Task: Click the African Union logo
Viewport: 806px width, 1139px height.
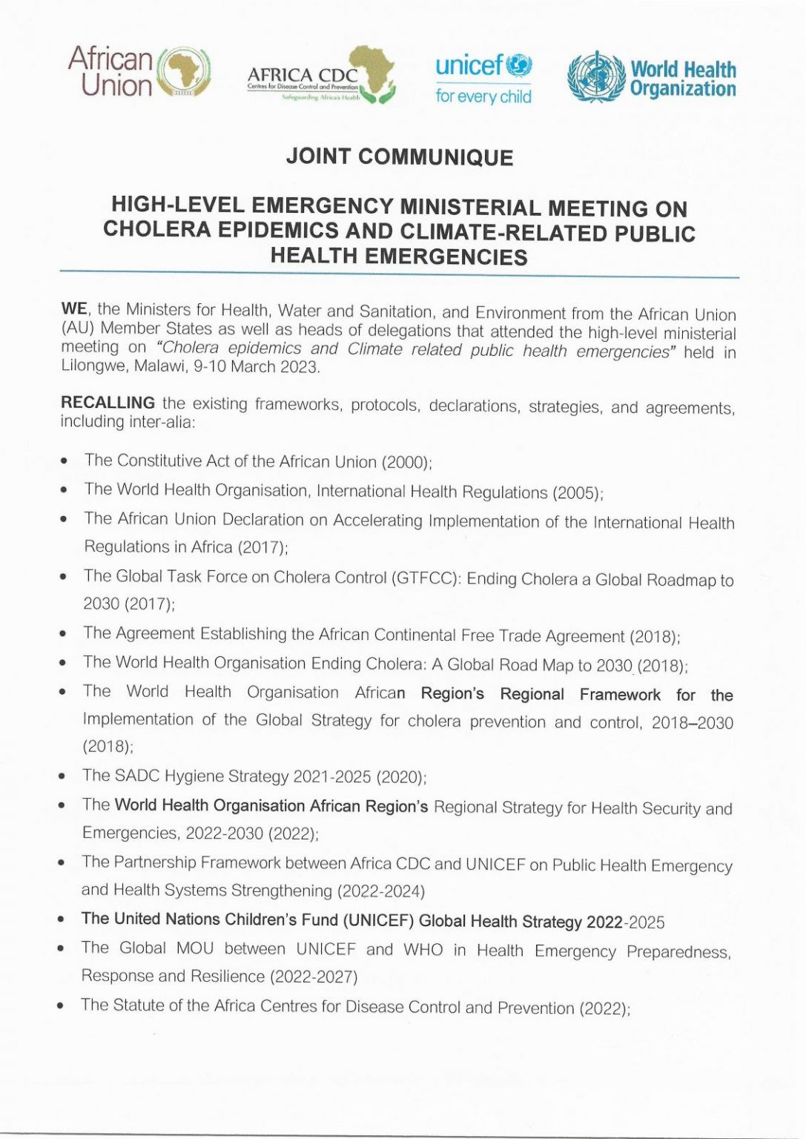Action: point(139,72)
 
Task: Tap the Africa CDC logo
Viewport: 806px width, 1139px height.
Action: point(321,76)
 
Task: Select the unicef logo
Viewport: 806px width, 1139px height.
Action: point(483,78)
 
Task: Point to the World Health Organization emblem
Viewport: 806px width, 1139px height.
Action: point(596,76)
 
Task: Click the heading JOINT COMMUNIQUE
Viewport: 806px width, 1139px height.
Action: point(399,157)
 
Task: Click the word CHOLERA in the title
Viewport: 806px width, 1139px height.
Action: point(157,230)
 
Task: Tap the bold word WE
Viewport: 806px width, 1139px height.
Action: point(73,308)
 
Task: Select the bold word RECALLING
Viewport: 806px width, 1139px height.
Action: point(108,403)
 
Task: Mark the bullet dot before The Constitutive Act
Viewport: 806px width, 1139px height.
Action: point(65,461)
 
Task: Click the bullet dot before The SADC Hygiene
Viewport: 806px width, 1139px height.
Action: point(63,776)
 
